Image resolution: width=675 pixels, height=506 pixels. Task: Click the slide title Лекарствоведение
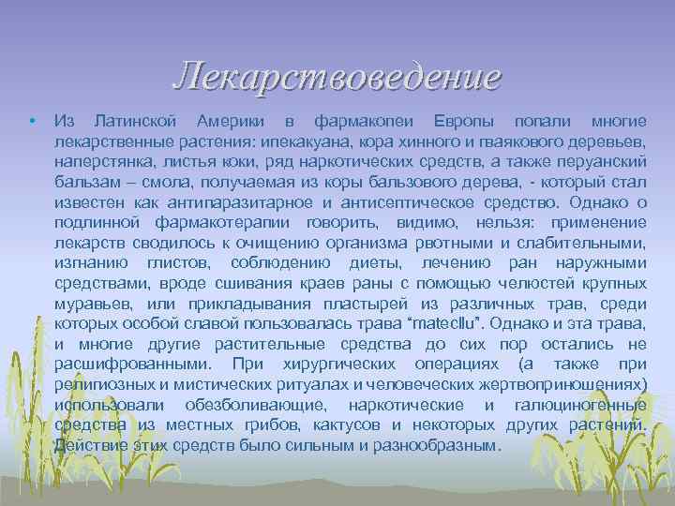(337, 77)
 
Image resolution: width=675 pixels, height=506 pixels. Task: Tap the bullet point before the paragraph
(31, 123)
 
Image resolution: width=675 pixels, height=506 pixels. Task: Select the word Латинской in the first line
(138, 123)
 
